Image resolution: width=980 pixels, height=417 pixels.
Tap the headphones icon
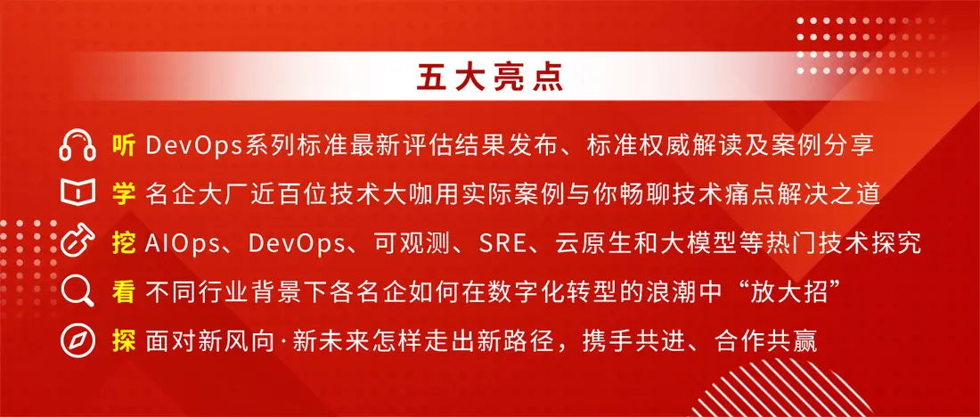(x=78, y=145)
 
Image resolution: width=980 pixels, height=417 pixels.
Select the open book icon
(x=78, y=193)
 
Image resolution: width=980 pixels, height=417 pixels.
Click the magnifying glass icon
(x=78, y=292)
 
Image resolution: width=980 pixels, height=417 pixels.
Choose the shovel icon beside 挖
(x=78, y=242)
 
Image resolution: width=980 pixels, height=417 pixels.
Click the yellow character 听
(x=123, y=145)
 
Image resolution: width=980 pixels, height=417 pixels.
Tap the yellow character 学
(x=124, y=194)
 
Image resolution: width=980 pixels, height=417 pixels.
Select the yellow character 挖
(x=123, y=243)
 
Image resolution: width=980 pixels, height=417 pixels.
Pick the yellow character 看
(x=124, y=292)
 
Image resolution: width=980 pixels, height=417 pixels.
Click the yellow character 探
(x=124, y=341)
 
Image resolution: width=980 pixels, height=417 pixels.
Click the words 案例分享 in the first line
(x=824, y=145)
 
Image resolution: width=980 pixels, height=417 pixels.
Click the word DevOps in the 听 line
(x=194, y=146)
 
